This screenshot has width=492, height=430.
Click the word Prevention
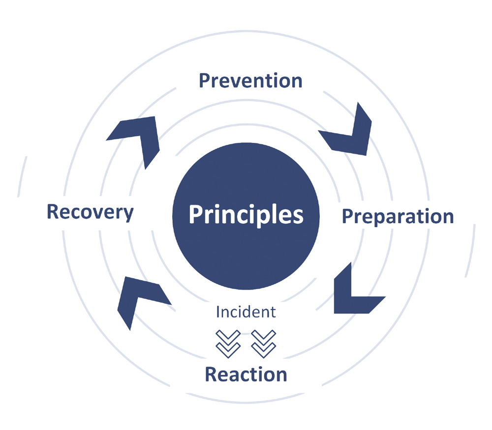click(250, 81)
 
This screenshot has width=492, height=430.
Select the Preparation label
click(398, 217)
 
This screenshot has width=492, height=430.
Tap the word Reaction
click(246, 374)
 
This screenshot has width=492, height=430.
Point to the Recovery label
click(90, 212)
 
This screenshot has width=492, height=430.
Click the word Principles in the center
click(246, 215)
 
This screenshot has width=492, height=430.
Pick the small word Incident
click(246, 312)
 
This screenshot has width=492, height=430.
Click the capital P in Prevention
click(204, 81)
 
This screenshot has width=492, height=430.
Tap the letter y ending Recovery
click(128, 214)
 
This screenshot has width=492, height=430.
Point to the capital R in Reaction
click(211, 374)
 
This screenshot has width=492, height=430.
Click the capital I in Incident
click(218, 312)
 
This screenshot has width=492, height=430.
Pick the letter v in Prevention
click(238, 82)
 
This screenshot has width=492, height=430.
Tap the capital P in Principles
click(195, 215)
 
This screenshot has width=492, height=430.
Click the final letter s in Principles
click(298, 216)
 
